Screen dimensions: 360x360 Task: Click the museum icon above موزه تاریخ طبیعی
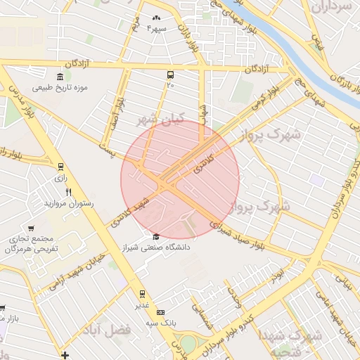click(59, 77)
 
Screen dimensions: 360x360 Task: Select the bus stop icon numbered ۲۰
click(170, 75)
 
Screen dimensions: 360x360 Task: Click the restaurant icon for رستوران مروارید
click(68, 192)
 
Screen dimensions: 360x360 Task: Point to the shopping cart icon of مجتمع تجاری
click(31, 229)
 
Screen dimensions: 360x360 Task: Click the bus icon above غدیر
click(142, 293)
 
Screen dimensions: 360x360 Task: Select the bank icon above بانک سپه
click(161, 311)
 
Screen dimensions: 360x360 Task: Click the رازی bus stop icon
click(60, 167)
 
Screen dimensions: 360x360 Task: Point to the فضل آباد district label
click(107, 329)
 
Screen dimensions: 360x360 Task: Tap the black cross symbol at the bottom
click(65, 355)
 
